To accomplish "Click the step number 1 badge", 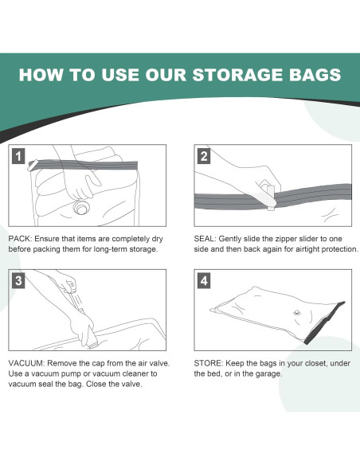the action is [x=18, y=156].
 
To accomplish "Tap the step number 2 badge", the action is [x=204, y=156].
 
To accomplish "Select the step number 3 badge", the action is [x=18, y=280].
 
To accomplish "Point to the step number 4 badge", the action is [x=204, y=280].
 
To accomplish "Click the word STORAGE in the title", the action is [x=238, y=74].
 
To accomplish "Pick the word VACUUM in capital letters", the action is [x=25, y=363].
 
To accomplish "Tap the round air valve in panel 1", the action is [x=80, y=207].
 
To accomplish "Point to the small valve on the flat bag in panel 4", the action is [x=297, y=313].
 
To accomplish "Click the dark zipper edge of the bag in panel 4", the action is [x=324, y=323].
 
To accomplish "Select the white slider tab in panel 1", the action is [x=33, y=165].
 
